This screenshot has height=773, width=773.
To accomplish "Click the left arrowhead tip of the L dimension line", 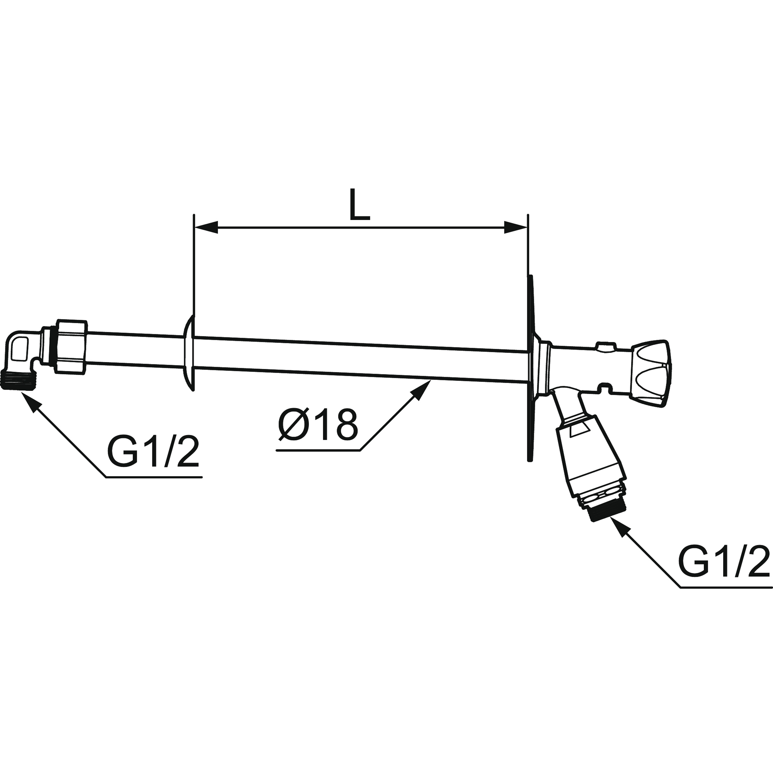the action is coord(194,227).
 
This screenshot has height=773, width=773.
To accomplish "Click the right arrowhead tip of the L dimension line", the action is coord(527,227).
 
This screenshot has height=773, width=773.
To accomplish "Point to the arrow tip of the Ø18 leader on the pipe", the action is coord(431,380).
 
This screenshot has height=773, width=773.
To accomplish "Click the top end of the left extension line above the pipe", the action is coord(194,215).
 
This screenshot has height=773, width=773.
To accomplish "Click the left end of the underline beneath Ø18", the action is coord(276,451).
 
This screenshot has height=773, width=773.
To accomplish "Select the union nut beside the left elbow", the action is coord(71,347).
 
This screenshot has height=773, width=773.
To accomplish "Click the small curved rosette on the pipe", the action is coord(189,352).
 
